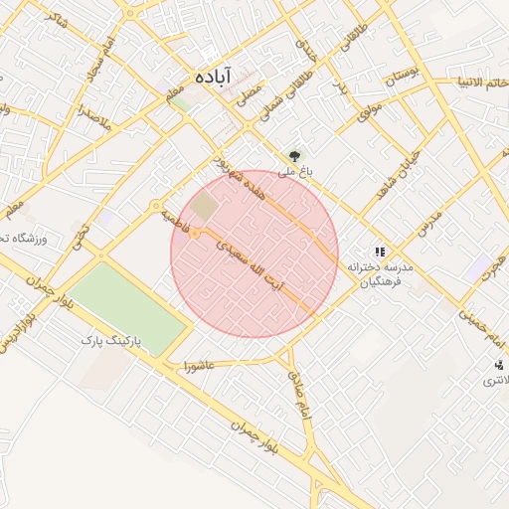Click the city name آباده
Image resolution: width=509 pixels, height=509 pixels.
click(x=213, y=77)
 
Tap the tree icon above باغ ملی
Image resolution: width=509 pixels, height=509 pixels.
click(x=293, y=155)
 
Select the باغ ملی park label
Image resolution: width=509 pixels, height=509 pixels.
click(x=294, y=171)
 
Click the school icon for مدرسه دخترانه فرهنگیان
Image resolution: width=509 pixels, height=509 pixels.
click(x=379, y=252)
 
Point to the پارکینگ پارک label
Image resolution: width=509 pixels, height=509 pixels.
click(x=111, y=340)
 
